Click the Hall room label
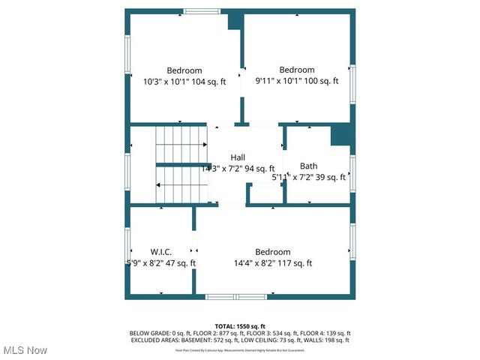point(238,157)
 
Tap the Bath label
point(308,166)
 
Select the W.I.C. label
point(162,251)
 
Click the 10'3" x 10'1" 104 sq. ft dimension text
point(184,82)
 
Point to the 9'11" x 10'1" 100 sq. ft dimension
point(297,81)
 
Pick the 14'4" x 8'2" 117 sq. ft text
point(272,263)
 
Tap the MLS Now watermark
point(25,350)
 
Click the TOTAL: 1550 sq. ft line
point(240,325)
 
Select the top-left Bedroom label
point(184,70)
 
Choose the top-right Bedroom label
point(297,70)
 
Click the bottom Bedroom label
point(272,252)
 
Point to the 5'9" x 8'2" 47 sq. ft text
point(162,263)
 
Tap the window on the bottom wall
point(236,297)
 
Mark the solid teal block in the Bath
point(341,135)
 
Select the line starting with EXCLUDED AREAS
point(240,340)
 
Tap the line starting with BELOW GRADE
point(240,333)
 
